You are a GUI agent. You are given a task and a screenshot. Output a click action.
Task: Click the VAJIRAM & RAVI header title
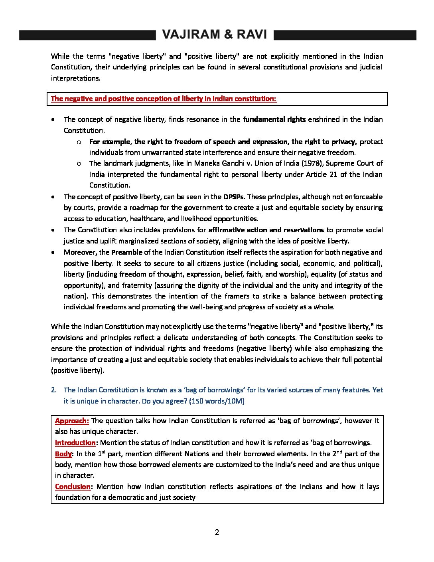click(215, 35)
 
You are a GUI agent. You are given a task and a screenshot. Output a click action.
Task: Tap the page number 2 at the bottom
click(217, 532)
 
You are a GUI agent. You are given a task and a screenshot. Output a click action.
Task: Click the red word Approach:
click(72, 421)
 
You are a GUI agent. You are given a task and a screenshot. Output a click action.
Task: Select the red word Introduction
click(75, 443)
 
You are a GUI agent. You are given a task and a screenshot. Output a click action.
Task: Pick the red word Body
click(63, 454)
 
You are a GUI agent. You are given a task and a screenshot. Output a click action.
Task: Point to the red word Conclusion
click(73, 487)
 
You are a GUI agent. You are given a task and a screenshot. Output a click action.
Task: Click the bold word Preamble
click(126, 252)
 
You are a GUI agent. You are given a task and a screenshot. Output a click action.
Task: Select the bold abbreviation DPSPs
click(233, 197)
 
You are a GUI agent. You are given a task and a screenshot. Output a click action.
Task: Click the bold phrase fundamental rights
click(274, 119)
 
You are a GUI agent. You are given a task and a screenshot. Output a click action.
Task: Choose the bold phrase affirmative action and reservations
click(266, 230)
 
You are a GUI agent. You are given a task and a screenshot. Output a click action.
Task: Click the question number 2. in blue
click(54, 390)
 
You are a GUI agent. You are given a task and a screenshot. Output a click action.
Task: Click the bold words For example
click(110, 142)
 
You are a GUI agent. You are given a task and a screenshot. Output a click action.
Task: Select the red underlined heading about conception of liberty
click(164, 99)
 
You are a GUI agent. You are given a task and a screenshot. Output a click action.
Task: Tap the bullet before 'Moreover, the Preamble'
click(53, 253)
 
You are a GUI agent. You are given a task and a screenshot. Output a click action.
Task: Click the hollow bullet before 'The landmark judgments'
click(79, 164)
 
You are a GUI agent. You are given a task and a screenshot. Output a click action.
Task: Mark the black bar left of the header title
click(87, 35)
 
